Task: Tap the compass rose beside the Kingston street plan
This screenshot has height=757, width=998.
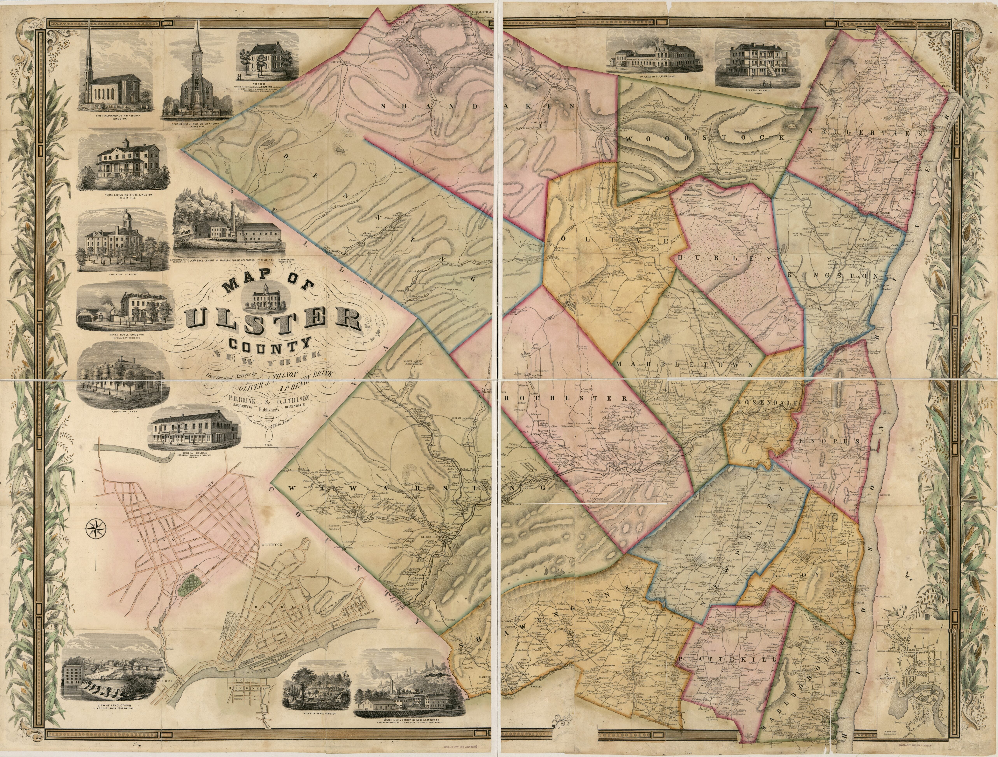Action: point(96,528)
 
